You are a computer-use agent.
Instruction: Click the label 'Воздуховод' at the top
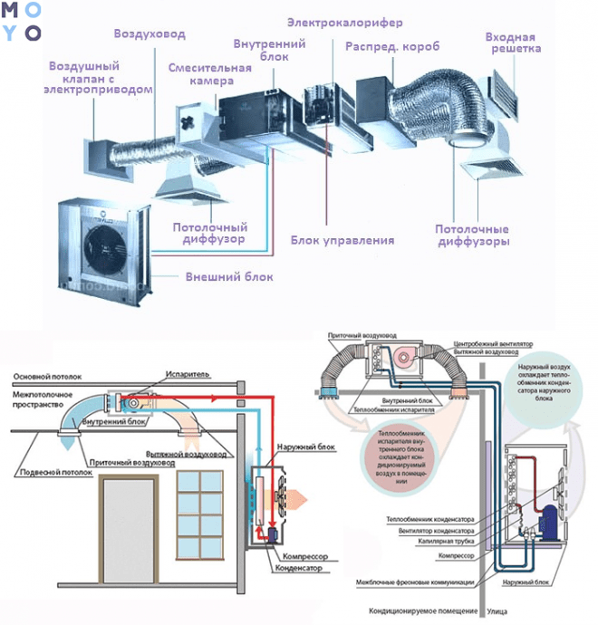coord(149,34)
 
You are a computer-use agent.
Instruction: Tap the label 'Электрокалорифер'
coord(345,22)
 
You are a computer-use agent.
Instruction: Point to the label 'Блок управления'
coord(342,241)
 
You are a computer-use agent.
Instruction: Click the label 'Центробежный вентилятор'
coord(493,343)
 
